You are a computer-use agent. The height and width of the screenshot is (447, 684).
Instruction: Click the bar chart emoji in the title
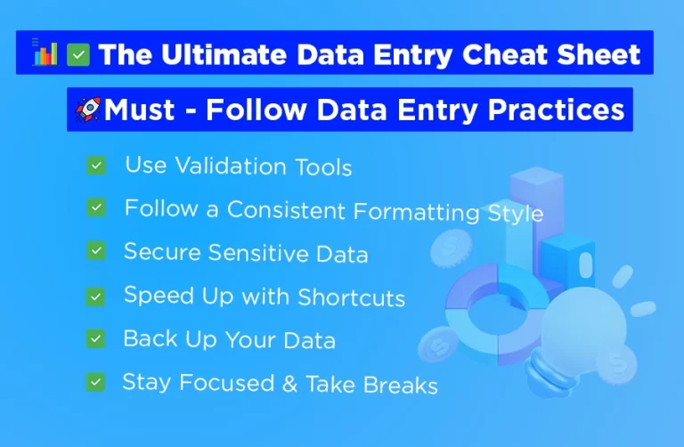click(x=44, y=53)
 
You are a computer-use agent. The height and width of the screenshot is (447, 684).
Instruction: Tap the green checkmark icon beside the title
click(x=78, y=54)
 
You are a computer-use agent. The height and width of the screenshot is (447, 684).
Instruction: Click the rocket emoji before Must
click(x=87, y=110)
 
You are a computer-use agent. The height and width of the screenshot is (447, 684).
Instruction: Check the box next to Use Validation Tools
click(x=96, y=166)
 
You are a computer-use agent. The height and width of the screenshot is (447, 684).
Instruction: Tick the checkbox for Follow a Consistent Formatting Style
click(x=96, y=208)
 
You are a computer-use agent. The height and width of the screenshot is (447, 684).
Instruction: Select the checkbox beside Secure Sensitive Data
click(x=96, y=252)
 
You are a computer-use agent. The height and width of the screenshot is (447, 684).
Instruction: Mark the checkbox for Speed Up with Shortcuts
click(x=96, y=296)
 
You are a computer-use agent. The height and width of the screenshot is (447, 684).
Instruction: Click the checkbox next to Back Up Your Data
click(x=96, y=338)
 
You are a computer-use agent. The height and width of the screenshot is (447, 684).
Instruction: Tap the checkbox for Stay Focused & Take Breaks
click(x=95, y=383)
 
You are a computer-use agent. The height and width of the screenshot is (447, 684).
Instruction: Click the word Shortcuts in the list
click(x=351, y=297)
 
